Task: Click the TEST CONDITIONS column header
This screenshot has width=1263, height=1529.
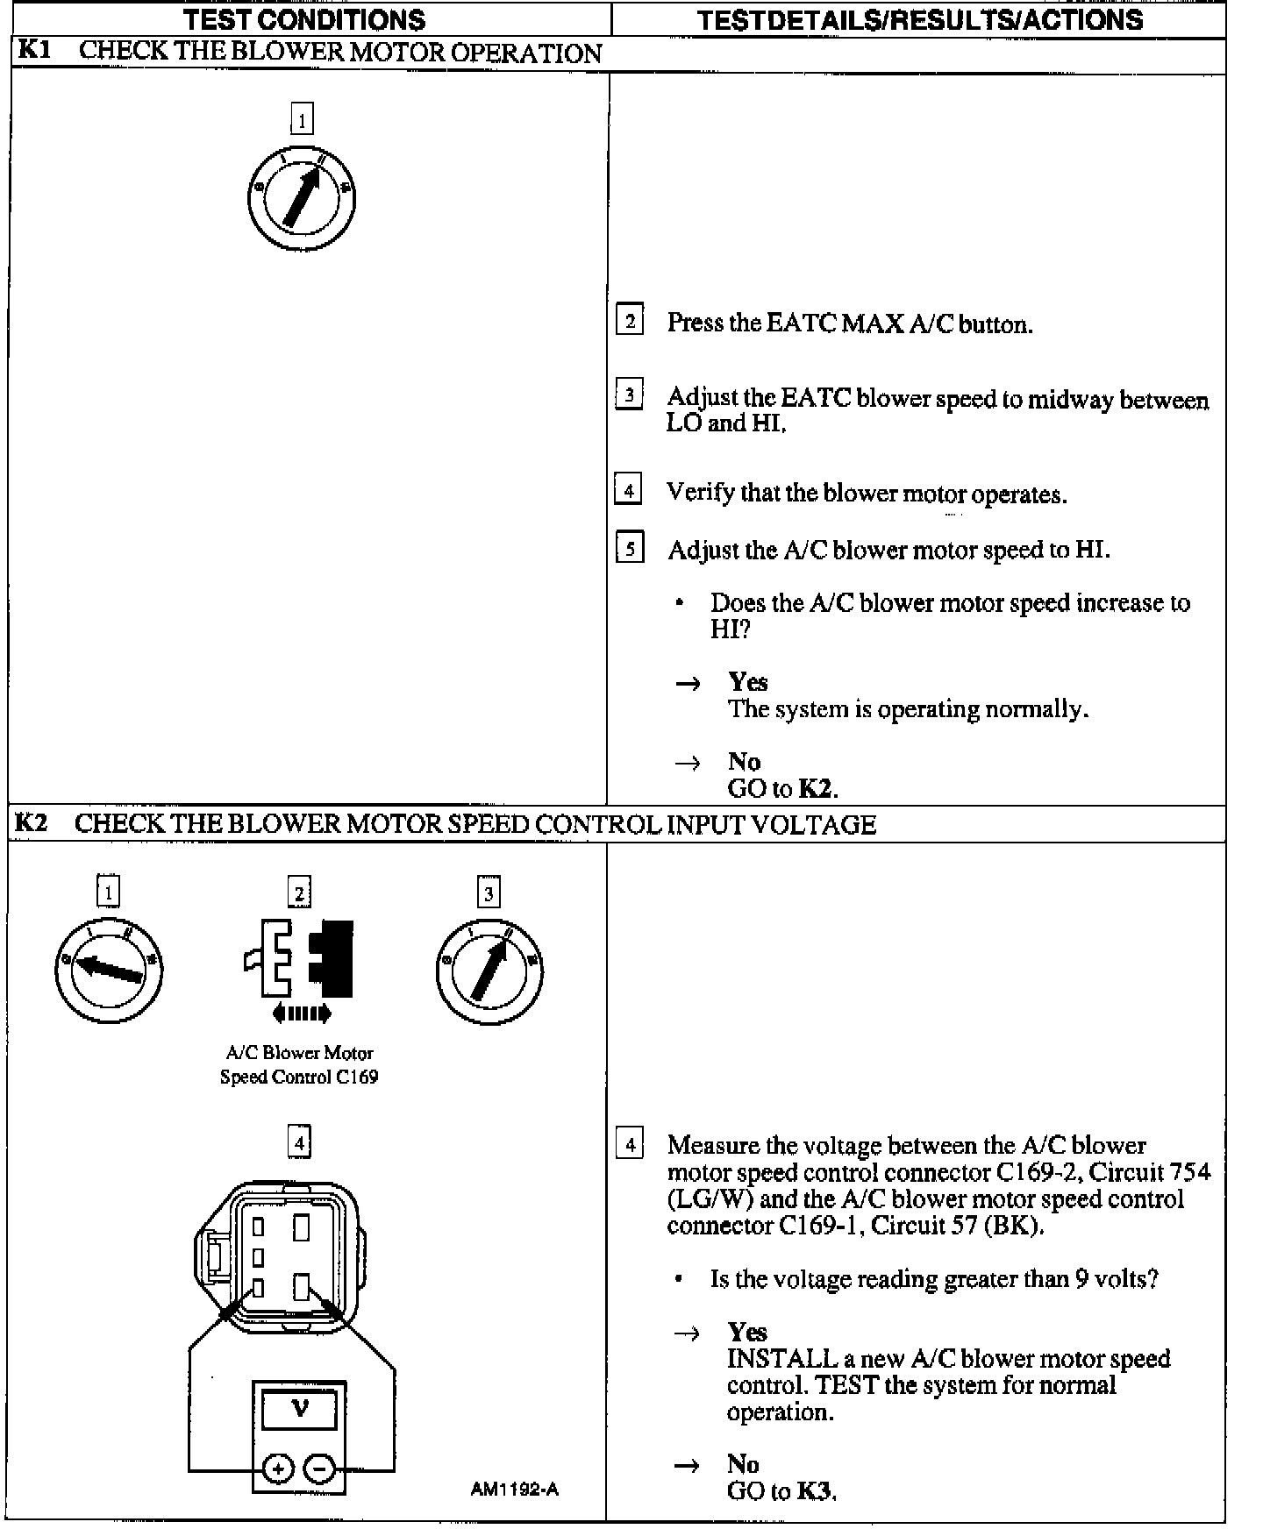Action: point(304,19)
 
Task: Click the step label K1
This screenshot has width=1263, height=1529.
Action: point(33,50)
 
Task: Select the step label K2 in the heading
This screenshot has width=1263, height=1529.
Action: point(31,823)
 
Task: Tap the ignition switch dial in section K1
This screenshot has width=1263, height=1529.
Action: point(302,197)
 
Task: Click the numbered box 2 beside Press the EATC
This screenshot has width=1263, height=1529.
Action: point(629,321)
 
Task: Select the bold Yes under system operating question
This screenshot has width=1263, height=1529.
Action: point(747,682)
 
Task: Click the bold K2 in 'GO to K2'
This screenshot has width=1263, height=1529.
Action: point(815,788)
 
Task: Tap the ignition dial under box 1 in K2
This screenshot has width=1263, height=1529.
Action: point(108,969)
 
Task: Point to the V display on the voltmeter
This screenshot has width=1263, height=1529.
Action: point(299,1410)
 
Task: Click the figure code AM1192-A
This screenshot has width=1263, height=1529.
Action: point(514,1489)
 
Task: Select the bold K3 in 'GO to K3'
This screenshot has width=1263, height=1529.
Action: point(815,1490)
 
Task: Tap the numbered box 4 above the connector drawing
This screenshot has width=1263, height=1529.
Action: point(299,1142)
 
